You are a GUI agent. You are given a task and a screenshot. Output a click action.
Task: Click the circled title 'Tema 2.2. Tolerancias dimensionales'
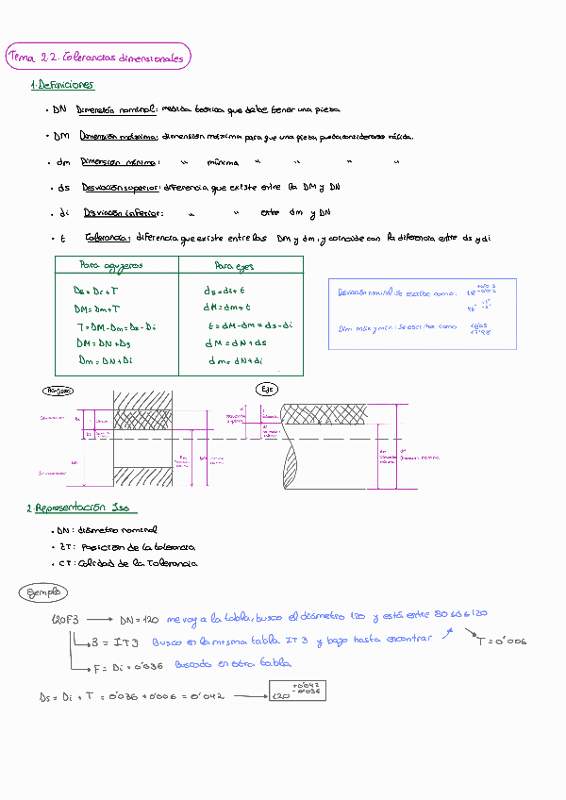click(x=96, y=58)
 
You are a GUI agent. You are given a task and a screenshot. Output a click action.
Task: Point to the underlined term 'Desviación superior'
click(x=121, y=188)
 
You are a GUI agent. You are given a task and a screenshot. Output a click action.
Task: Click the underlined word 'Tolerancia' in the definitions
click(x=107, y=239)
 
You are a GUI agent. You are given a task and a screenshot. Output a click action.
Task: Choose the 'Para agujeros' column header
click(x=111, y=265)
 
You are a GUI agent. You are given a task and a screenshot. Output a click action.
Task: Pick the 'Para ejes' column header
click(x=233, y=266)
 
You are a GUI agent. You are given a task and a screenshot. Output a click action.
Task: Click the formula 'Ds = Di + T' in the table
click(x=96, y=291)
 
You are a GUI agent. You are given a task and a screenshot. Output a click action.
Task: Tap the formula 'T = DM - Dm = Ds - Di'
click(x=114, y=325)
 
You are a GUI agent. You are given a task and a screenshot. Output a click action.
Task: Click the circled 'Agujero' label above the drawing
click(x=58, y=390)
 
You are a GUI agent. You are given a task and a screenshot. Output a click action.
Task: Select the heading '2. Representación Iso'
click(x=78, y=508)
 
